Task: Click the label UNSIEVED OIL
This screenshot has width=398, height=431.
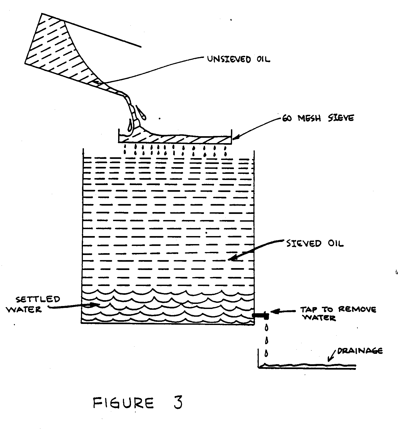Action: click(239, 59)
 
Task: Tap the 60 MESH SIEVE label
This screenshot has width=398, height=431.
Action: click(318, 118)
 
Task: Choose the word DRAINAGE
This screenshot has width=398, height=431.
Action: click(360, 351)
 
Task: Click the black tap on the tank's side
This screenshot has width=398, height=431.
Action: click(261, 315)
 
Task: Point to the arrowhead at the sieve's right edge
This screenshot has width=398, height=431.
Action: click(234, 138)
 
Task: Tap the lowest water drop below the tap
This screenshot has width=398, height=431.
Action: click(266, 354)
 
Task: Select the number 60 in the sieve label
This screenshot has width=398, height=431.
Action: click(287, 118)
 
